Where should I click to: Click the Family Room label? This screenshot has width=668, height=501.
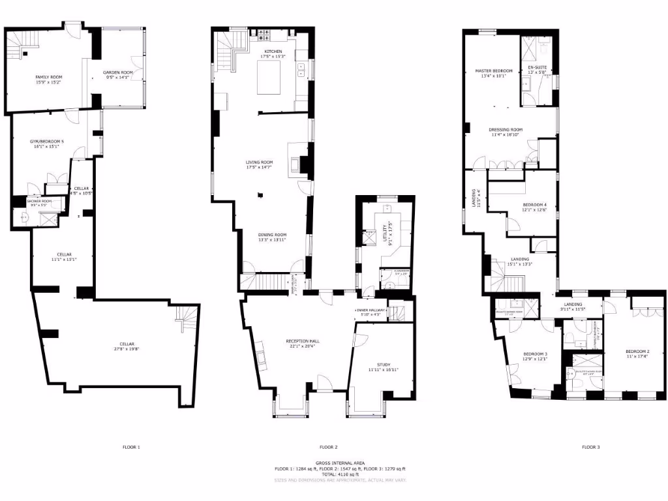point(48,77)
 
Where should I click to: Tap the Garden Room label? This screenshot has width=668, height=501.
point(118,72)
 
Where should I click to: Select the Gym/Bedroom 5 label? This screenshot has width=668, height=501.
point(48,141)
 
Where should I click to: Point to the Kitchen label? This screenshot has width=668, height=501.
point(273,51)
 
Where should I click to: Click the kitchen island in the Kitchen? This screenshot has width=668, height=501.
point(268,78)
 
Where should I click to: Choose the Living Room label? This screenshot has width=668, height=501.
point(259,162)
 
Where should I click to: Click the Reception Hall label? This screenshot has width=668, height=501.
point(301,341)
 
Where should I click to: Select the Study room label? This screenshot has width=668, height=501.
point(383,365)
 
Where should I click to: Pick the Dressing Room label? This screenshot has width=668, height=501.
point(506,129)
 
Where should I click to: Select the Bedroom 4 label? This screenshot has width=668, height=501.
point(534,205)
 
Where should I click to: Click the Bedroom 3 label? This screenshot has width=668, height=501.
point(534,354)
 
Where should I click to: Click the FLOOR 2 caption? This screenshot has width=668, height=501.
point(328,447)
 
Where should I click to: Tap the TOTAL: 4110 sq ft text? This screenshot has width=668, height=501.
point(340,475)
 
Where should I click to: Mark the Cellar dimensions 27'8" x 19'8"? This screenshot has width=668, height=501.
point(127,349)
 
